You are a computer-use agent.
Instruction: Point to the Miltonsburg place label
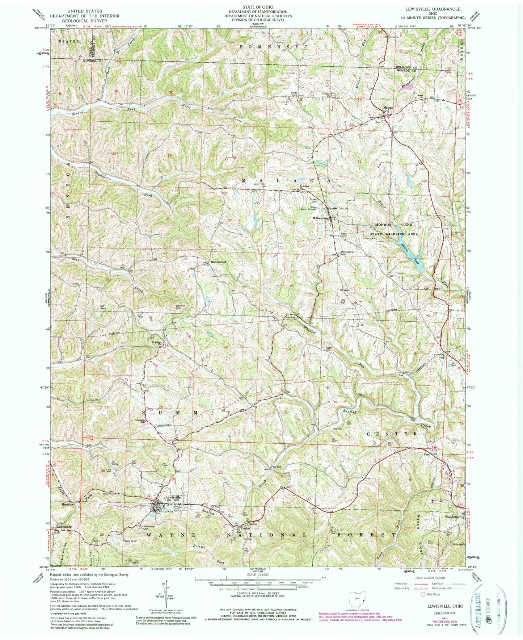[x=321, y=218]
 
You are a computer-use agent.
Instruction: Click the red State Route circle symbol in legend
[x=422, y=594]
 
